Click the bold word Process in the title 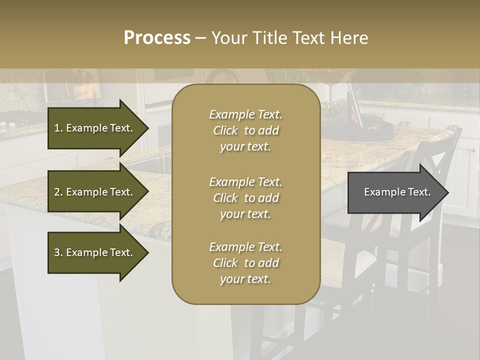coord(157,38)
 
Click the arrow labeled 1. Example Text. coord(95,128)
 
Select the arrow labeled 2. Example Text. coord(95,192)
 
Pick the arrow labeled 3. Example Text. coord(95,252)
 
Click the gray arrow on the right coord(395,192)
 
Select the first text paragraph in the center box coord(245,130)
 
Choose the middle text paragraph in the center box coord(245,198)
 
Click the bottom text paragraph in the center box coord(245,263)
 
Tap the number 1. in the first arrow coord(58,128)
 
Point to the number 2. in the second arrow coord(58,192)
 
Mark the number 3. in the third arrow coord(58,252)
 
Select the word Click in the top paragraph coord(225,131)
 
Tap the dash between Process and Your coord(200,38)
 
